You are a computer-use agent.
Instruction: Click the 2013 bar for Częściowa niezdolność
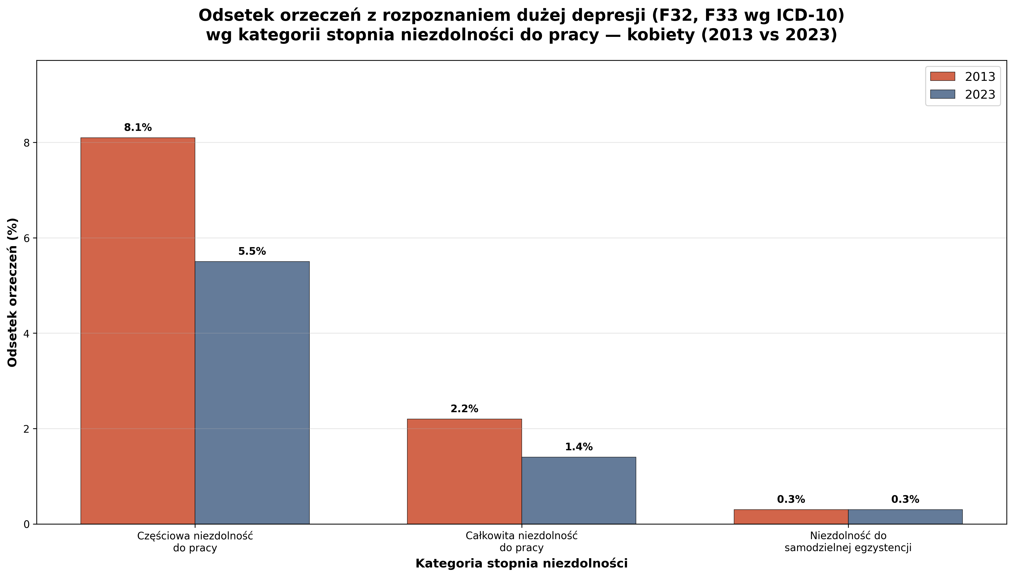pyautogui.click(x=138, y=331)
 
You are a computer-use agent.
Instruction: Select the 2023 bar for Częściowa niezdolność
pyautogui.click(x=252, y=392)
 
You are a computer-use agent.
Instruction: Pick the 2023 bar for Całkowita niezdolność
pyautogui.click(x=578, y=490)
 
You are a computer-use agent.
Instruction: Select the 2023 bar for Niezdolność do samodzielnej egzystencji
pyautogui.click(x=905, y=517)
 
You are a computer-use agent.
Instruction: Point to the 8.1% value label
pyautogui.click(x=138, y=128)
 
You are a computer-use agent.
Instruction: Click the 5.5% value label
pyautogui.click(x=252, y=252)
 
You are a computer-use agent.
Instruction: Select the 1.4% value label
pyautogui.click(x=578, y=447)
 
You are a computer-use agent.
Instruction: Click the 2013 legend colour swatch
pyautogui.click(x=942, y=76)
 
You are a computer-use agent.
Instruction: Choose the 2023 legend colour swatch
pyautogui.click(x=942, y=94)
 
